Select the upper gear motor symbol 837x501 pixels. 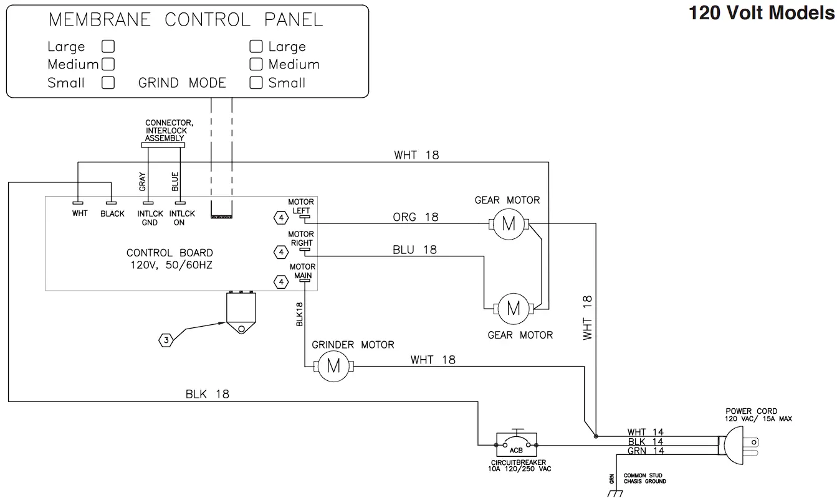coord(509,224)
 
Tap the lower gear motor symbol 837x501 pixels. coord(513,308)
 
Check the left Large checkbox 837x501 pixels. coord(108,47)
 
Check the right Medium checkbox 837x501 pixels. coord(256,64)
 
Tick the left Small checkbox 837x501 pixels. coord(108,83)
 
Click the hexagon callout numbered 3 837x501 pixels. coord(166,340)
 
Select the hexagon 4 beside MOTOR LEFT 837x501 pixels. coord(281,218)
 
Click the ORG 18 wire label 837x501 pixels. coord(415,217)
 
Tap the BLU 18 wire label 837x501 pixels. coord(414,250)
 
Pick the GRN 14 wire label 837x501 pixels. coord(645,451)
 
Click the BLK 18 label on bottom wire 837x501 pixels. coord(207,394)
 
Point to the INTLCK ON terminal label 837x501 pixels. coord(181,218)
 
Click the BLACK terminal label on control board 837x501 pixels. coord(112,213)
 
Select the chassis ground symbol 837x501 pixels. coord(616,494)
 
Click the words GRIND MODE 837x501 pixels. coord(182,83)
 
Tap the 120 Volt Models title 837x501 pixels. coord(761,12)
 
